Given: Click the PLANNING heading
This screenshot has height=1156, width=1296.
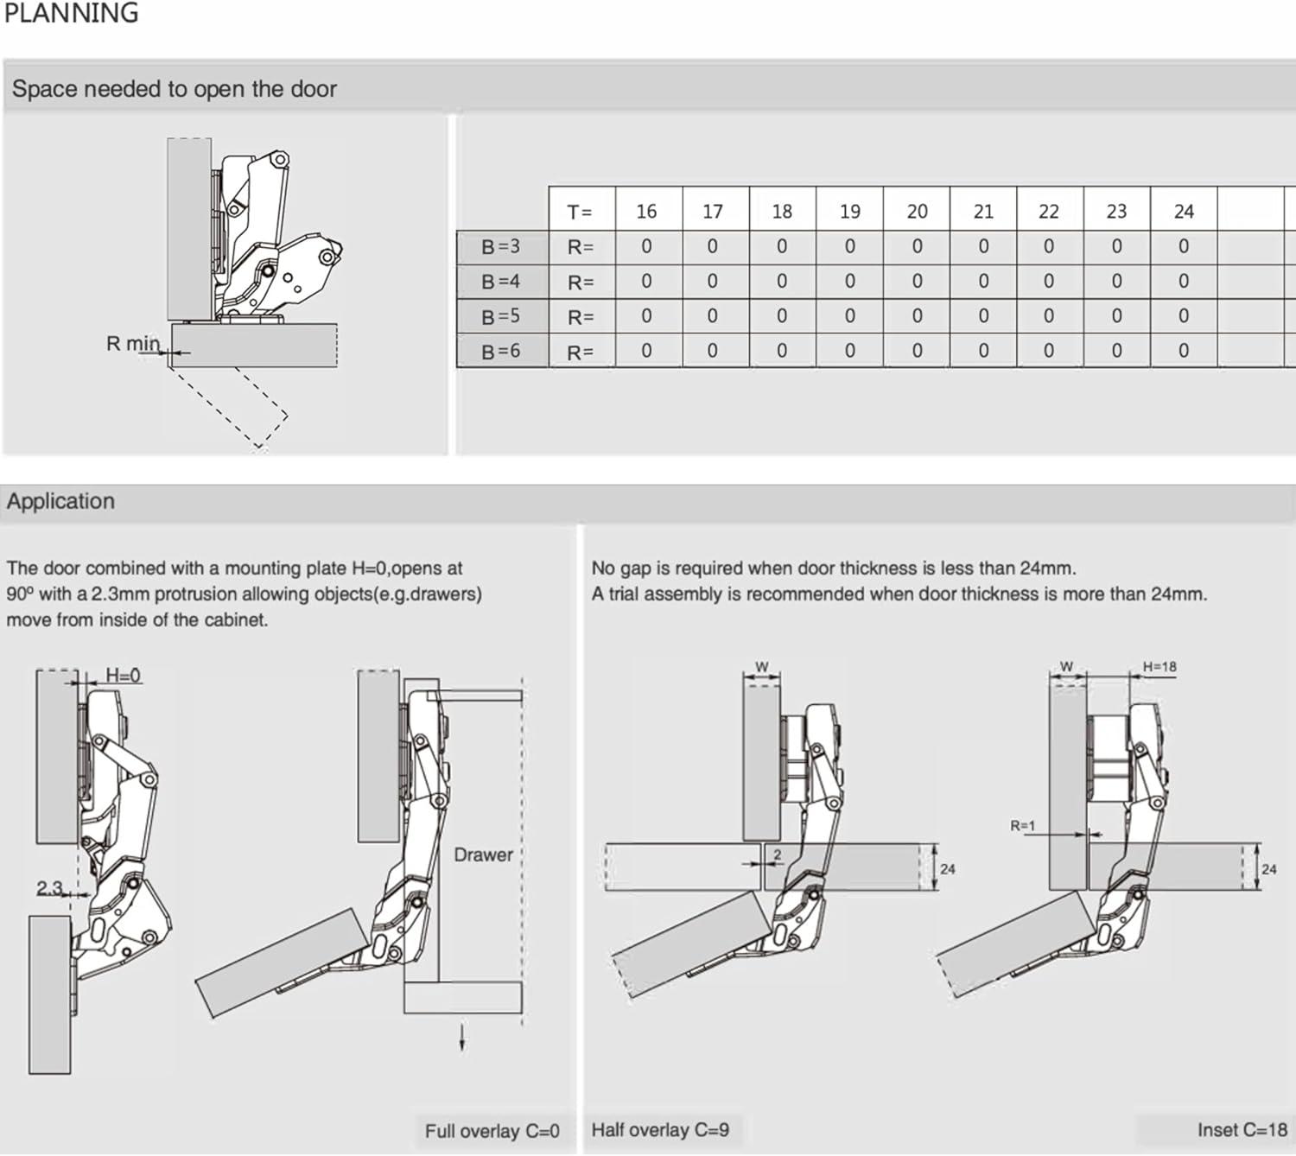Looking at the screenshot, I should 71,13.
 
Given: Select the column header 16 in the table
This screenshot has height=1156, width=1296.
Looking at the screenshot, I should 646,211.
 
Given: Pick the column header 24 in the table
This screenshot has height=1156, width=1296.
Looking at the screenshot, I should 1183,211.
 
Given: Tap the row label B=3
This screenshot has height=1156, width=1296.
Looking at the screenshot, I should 501,247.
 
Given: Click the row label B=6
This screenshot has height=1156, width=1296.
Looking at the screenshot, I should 501,352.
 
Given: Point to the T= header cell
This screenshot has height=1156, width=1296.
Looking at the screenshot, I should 580,212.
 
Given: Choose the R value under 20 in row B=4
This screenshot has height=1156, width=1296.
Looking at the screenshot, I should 917,282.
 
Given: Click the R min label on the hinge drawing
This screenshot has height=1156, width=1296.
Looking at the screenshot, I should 133,344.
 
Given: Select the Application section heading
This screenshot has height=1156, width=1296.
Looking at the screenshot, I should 60,501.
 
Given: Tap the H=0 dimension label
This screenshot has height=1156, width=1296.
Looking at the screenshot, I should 123,676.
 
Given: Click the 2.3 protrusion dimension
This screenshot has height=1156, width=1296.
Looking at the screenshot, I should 49,888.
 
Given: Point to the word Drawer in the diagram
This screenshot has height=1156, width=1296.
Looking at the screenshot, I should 483,854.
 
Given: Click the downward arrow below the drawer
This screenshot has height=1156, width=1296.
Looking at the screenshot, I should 462,1037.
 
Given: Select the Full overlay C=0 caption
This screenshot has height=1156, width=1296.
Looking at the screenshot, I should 492,1131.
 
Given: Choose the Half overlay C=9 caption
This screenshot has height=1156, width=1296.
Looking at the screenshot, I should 660,1130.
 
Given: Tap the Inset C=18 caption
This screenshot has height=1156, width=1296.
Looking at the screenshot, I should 1242,1130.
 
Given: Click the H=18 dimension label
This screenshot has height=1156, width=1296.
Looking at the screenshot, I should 1159,667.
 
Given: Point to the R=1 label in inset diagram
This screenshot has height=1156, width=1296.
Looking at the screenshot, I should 1022,826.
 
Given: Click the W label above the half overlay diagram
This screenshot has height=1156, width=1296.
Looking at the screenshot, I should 761,667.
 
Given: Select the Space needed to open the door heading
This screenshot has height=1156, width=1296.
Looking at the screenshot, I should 174,89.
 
